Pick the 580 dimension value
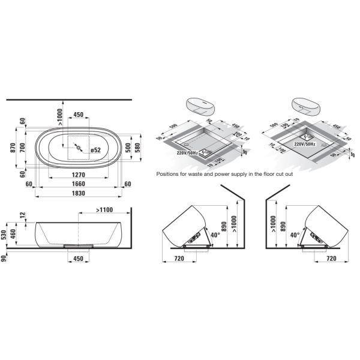(x=138, y=148)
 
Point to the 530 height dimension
(x=5, y=234)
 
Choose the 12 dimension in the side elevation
(x=22, y=215)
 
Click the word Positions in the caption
(x=170, y=175)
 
